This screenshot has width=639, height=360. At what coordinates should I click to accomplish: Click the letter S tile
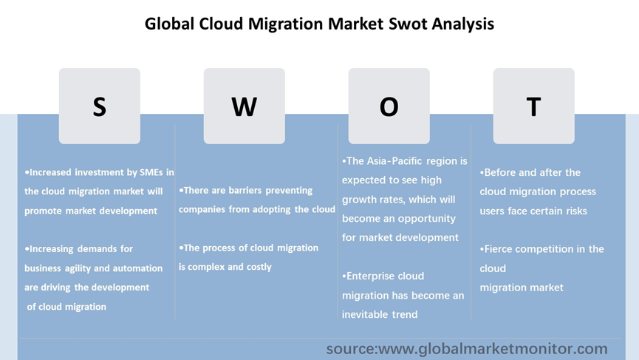(x=100, y=106)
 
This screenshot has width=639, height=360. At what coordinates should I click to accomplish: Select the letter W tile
(x=244, y=106)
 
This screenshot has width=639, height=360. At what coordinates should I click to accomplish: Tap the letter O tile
(x=389, y=106)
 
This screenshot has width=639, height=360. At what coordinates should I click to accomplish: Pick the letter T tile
(x=533, y=106)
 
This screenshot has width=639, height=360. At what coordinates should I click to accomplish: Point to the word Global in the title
(x=169, y=24)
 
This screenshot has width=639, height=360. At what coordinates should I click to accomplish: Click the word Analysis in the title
(x=463, y=24)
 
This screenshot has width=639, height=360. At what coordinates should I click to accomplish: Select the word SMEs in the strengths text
(x=151, y=172)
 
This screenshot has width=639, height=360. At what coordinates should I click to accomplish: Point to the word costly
(x=259, y=267)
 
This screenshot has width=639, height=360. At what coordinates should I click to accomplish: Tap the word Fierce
(x=497, y=249)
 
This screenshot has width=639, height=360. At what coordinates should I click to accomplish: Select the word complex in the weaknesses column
(x=206, y=267)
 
